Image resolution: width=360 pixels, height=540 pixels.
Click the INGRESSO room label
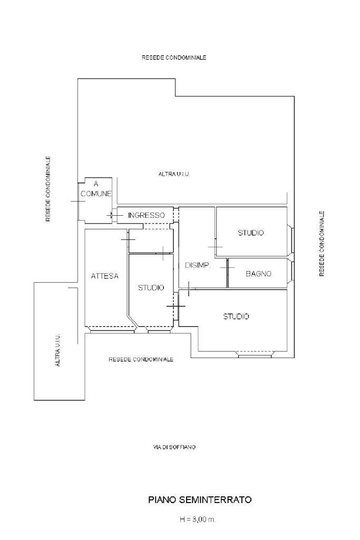147,215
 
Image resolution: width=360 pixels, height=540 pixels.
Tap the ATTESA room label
105,276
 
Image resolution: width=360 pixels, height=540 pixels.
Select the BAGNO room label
258,274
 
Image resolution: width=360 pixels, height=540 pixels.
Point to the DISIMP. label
198,265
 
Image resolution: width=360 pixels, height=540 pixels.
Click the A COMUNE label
96,189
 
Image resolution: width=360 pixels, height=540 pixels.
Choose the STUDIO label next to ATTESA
151,287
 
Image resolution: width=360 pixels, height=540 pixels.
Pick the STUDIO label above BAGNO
251,233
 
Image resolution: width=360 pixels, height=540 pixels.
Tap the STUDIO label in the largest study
236,316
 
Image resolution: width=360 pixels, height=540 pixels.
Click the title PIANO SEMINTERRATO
200,500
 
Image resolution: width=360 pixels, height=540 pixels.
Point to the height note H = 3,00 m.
198,519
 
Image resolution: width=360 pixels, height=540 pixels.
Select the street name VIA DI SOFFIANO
174,447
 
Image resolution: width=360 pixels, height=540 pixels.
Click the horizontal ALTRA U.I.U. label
174,174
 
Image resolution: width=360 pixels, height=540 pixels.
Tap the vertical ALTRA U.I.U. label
57,350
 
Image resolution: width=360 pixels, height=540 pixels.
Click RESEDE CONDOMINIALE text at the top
174,57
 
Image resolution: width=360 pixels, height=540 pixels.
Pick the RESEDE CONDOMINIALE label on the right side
322,244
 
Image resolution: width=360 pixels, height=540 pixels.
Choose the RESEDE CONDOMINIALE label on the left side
48,189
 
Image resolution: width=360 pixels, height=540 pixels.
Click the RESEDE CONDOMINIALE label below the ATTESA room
141,360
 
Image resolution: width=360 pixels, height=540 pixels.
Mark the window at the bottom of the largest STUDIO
255,354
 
